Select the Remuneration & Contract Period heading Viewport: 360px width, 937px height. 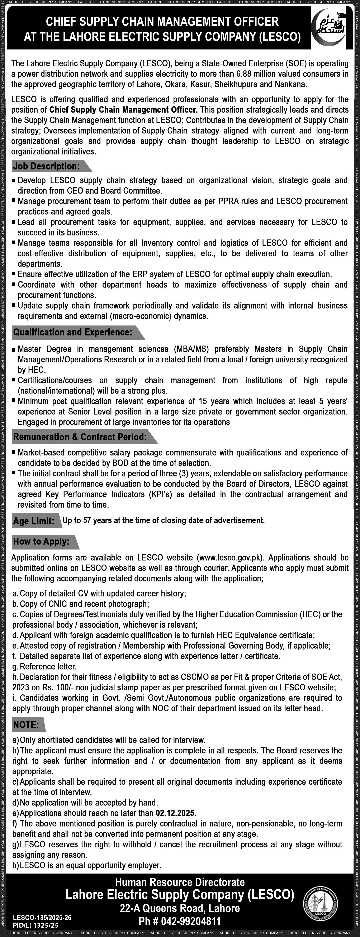(80, 437)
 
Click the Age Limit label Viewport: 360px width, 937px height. (33, 521)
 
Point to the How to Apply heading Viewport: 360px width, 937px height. (41, 541)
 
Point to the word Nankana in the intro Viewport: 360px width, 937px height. (293, 84)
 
